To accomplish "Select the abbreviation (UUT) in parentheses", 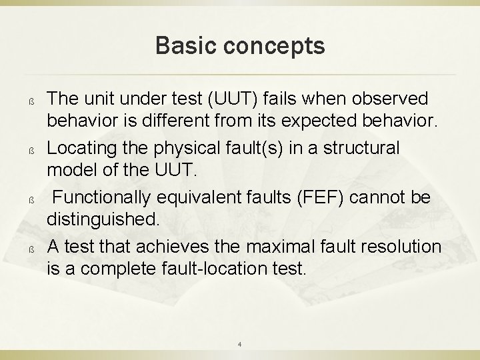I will click(x=230, y=99).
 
